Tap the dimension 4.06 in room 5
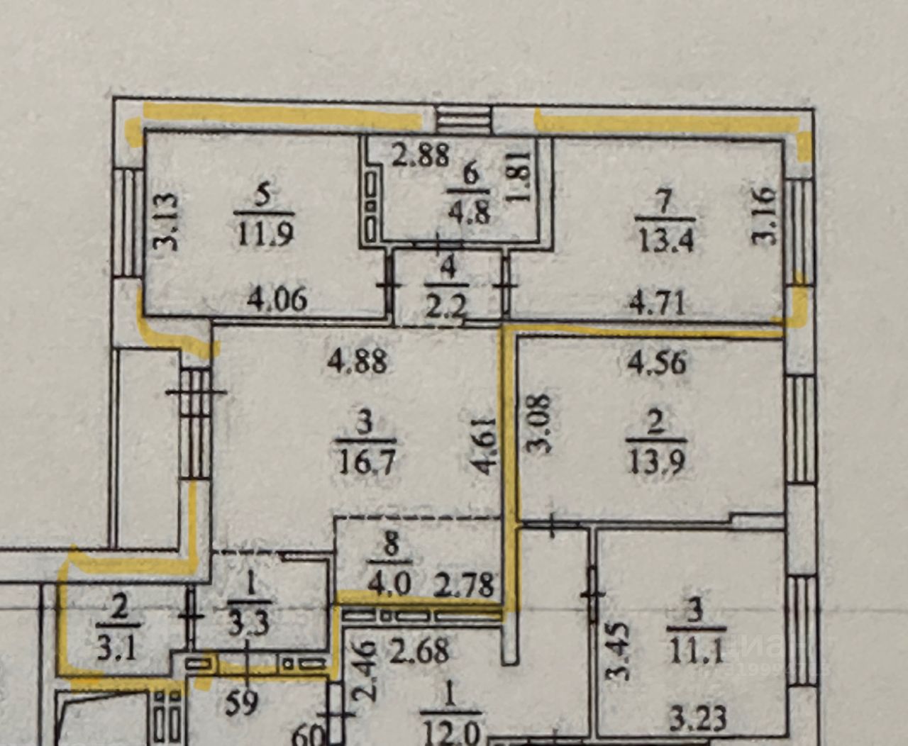pos(277,300)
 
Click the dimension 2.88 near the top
pos(421,156)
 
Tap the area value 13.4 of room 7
pos(665,240)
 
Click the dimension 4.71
pos(658,303)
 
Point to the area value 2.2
pos(446,307)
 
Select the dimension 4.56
pos(658,363)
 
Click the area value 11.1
pos(695,650)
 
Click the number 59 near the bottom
pos(241,703)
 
